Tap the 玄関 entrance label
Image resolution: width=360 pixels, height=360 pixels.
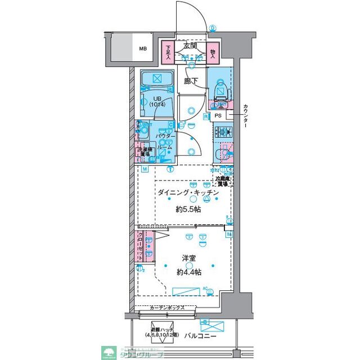190,46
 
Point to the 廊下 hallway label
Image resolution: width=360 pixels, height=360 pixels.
191,81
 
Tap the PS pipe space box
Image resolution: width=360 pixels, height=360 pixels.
218,116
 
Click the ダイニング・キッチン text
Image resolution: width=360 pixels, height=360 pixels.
187,192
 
